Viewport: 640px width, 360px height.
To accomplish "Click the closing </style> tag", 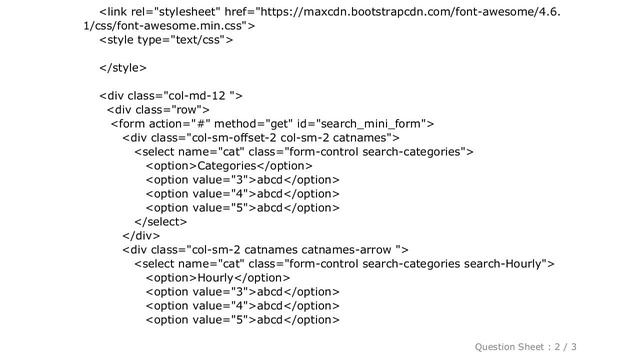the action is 123,68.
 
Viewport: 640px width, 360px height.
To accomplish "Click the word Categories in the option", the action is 227,166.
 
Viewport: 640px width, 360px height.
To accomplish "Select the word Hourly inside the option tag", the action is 215,278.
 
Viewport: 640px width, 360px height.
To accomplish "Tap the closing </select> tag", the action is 161,222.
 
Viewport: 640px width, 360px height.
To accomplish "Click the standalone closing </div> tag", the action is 141,236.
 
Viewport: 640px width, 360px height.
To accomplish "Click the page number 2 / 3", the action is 565,347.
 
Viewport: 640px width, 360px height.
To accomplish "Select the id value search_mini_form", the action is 369,124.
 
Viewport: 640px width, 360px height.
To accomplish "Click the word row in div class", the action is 187,110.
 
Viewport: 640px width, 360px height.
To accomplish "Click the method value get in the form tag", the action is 280,124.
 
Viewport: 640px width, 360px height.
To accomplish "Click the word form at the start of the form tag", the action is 131,124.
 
